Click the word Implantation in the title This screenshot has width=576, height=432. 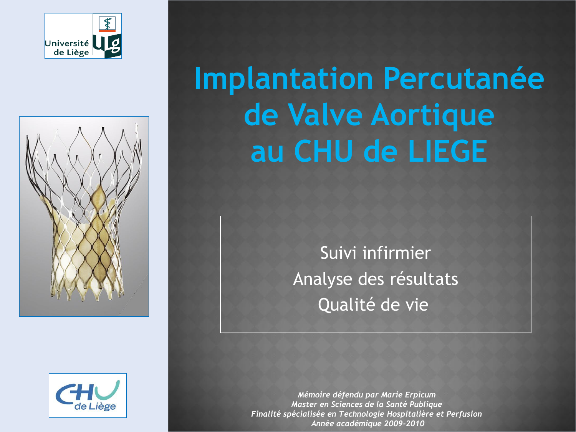click(x=283, y=79)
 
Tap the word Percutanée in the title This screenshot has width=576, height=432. click(x=463, y=78)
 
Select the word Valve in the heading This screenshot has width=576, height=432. click(x=325, y=115)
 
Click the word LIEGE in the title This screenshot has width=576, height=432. click(x=448, y=151)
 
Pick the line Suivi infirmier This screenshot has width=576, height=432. click(x=376, y=253)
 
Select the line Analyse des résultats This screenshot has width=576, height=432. click(x=376, y=279)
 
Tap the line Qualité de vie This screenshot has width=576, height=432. click(x=373, y=305)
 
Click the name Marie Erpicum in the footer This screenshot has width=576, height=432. click(x=408, y=395)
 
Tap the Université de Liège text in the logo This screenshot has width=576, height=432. click(x=67, y=48)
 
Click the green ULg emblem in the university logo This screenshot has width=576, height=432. click(x=107, y=45)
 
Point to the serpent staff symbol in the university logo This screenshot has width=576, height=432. click(x=107, y=23)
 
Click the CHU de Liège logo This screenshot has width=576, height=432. click(x=88, y=396)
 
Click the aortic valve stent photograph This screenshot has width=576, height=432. click(x=84, y=217)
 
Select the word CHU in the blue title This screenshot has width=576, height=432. click(x=323, y=151)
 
